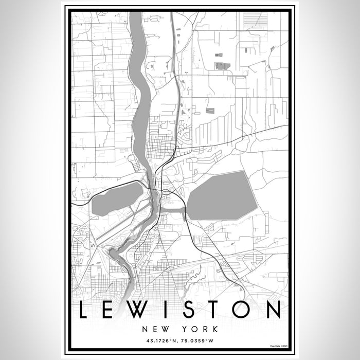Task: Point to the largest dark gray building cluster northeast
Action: point(222,66)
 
